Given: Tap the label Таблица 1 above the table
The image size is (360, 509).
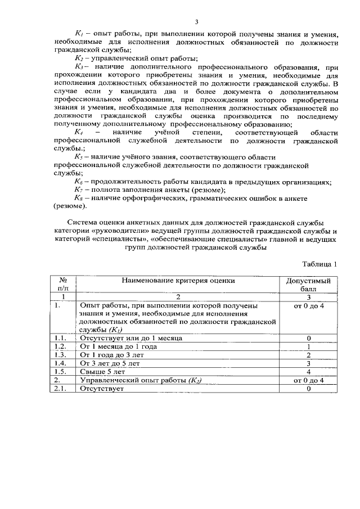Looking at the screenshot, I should coord(319,264).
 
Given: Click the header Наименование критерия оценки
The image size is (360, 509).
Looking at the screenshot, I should coord(178,280).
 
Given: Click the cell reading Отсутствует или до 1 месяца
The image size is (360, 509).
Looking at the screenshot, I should coord(131,338).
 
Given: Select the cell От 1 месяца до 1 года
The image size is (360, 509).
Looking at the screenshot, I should coord(118,347).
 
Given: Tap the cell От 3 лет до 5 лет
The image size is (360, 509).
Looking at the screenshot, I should coord(113,364).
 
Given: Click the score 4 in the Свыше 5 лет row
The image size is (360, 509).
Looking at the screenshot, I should coord(309,372).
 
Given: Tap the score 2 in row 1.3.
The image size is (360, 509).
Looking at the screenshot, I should coord(309,355).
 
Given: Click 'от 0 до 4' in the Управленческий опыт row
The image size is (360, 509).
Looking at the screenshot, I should coord(309,381).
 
